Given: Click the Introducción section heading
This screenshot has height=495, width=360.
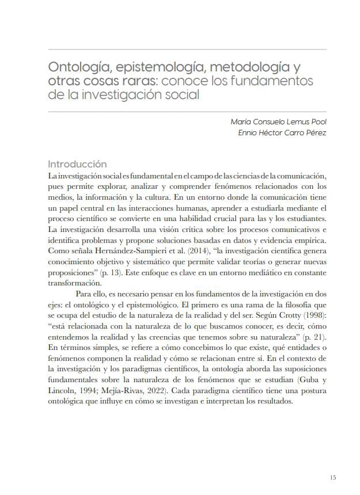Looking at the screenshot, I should pos(77,163).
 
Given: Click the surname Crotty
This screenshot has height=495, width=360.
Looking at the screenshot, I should pos(281,315).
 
